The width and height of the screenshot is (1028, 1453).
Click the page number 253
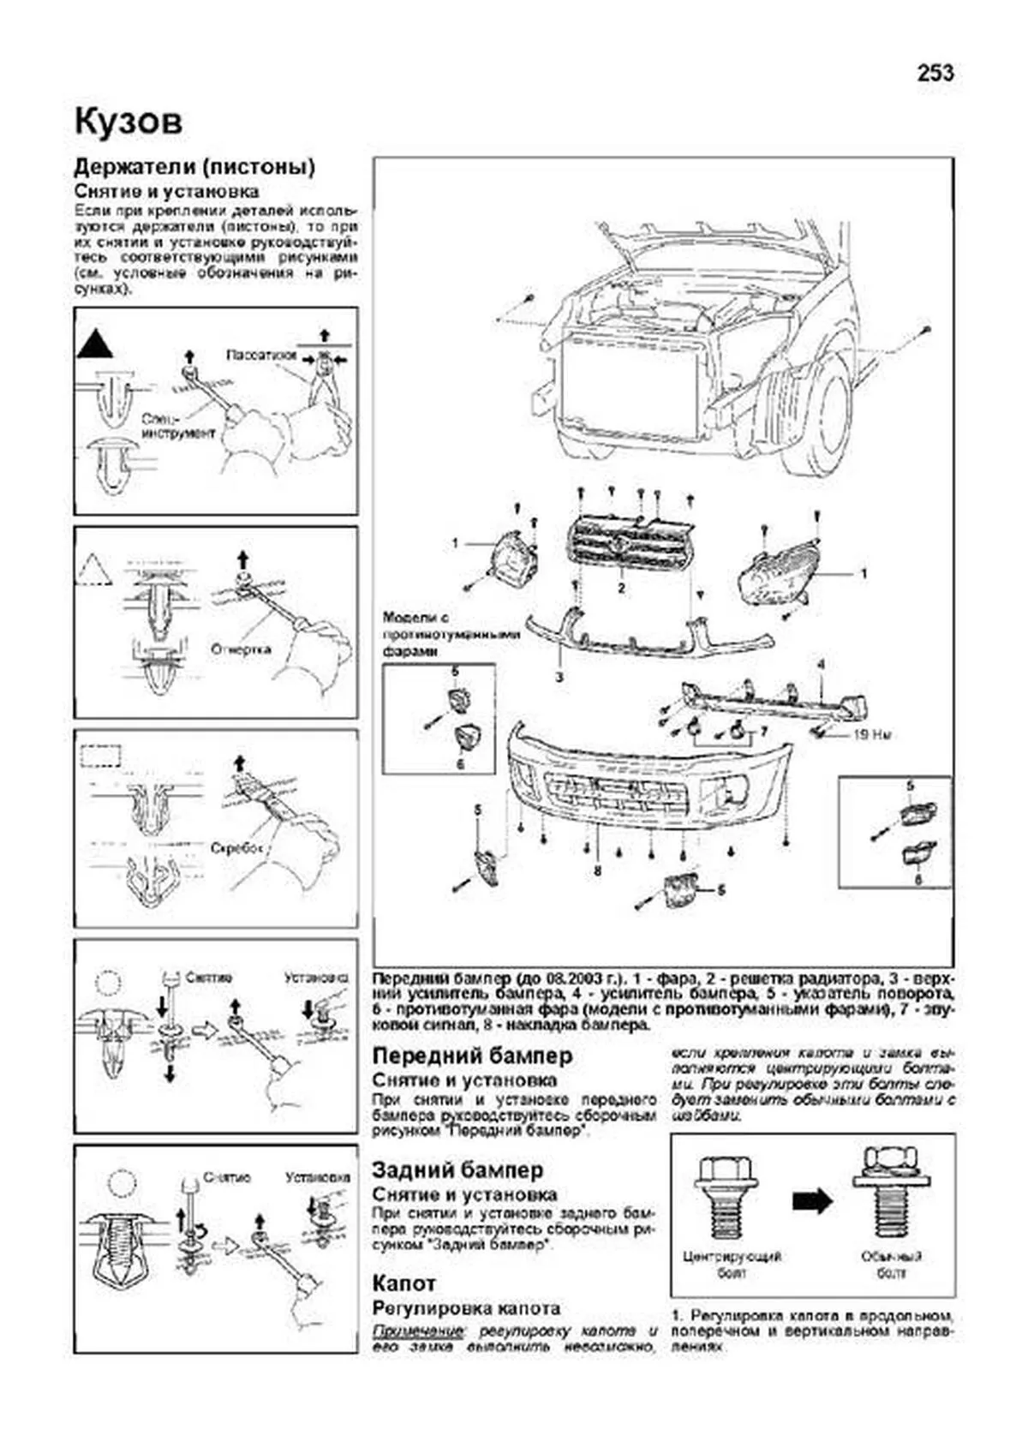935,74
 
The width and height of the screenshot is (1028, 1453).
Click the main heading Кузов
128,121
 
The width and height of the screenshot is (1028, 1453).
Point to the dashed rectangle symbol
101,756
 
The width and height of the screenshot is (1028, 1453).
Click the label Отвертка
241,649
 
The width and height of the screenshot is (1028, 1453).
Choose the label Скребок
235,848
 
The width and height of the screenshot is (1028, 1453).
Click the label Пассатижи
261,354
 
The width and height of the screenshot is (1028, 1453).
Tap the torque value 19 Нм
870,734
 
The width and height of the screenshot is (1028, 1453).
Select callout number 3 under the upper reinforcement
559,678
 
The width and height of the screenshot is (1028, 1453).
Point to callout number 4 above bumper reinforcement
820,665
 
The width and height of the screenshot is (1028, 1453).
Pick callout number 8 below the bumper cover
597,870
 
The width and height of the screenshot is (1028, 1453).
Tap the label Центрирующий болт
732,1265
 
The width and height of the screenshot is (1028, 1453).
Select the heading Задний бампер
457,1169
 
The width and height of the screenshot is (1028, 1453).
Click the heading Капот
403,1283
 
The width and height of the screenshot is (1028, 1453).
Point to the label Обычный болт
891,1265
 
